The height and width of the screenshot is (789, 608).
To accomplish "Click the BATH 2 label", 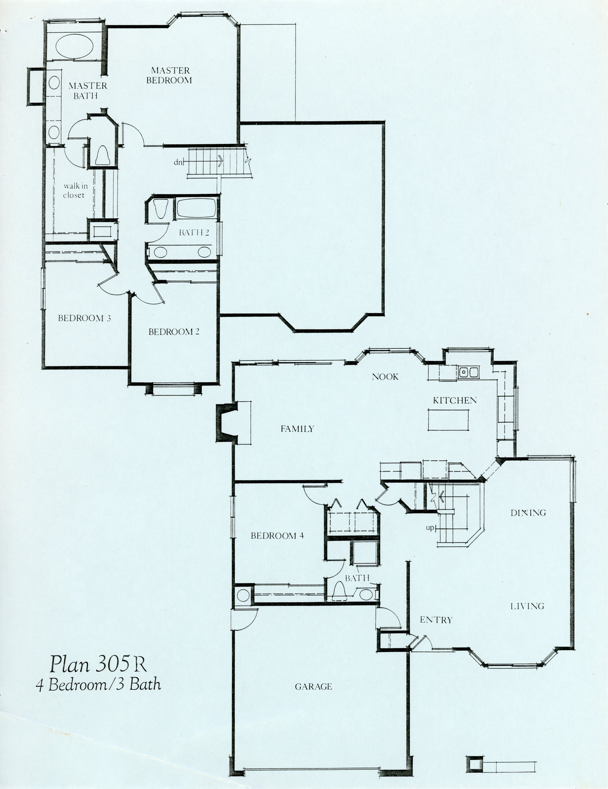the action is (x=194, y=233).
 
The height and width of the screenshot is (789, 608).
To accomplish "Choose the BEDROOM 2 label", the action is (x=174, y=332).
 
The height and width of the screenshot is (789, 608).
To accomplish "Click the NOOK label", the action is (x=385, y=377).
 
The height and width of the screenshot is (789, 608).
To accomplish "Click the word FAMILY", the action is (x=297, y=429).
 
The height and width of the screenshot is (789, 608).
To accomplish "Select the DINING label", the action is (x=528, y=513).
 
